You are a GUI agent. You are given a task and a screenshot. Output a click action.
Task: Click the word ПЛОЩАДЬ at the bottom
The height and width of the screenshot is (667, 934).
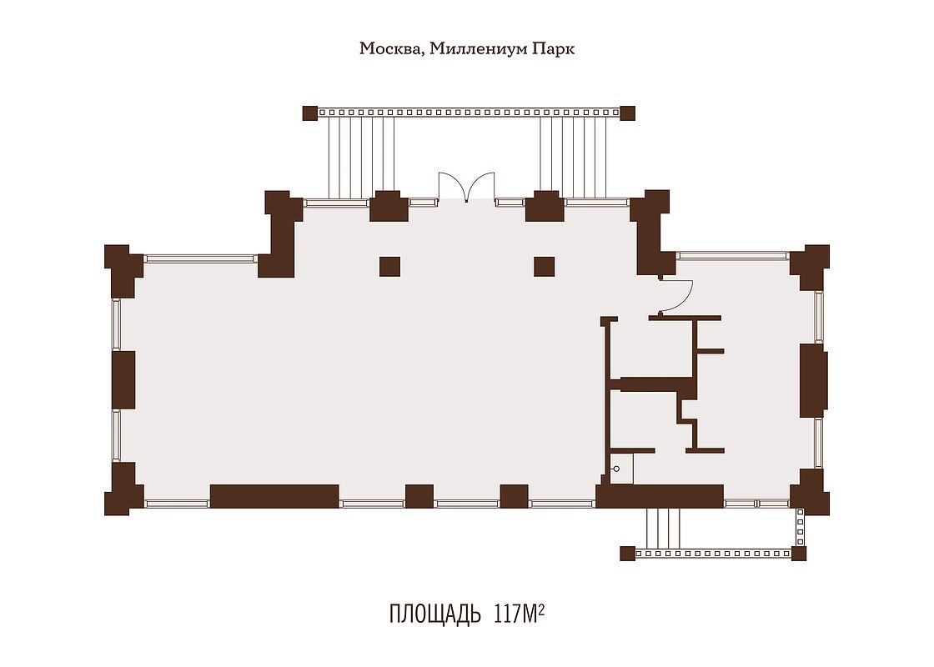pos(434,614)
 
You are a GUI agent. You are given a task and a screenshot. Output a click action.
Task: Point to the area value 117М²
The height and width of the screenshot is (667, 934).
pos(519,613)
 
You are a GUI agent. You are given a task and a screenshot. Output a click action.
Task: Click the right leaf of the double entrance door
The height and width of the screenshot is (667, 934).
pos(480,186)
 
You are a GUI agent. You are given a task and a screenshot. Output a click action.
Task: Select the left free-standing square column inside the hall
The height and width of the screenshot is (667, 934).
pos(389,266)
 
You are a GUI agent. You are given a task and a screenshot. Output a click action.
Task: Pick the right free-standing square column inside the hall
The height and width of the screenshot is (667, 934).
pos(544,266)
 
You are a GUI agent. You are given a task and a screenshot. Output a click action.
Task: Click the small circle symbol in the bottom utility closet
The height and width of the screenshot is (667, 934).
pos(616,469)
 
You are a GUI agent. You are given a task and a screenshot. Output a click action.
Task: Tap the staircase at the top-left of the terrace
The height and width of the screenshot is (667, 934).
pos(362,158)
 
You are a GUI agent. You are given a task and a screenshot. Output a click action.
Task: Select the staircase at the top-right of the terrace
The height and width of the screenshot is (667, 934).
pos(574,158)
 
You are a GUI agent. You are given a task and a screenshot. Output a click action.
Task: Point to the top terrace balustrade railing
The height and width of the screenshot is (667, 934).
pos(469,112)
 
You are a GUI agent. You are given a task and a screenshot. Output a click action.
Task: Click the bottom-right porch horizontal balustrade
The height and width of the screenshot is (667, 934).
pos(713,554)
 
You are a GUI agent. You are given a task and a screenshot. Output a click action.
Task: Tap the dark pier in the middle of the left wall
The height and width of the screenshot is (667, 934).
pos(124,380)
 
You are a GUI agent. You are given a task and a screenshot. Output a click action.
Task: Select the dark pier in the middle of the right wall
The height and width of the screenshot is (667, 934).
pos(813,380)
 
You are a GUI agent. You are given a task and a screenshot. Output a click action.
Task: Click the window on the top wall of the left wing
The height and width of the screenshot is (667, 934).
pos(201,259)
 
